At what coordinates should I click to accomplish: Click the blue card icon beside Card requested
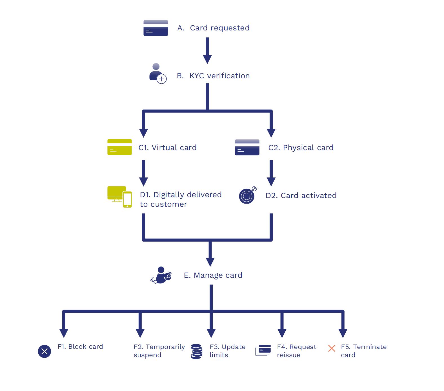(x=156, y=28)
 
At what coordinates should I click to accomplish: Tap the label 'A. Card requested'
(x=213, y=28)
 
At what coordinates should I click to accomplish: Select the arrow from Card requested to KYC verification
(x=207, y=51)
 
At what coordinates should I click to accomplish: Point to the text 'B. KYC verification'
(x=213, y=76)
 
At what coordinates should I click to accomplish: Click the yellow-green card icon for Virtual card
(x=119, y=147)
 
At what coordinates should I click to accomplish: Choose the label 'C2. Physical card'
(x=301, y=148)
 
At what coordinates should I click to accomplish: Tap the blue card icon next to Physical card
(x=247, y=147)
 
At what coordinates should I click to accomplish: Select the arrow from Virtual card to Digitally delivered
(x=144, y=173)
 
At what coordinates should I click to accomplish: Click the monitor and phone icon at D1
(x=119, y=197)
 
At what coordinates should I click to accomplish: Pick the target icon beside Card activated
(x=247, y=195)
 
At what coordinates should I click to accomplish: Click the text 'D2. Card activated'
(x=301, y=195)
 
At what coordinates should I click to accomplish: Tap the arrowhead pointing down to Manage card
(x=210, y=262)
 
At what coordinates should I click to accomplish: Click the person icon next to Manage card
(x=161, y=275)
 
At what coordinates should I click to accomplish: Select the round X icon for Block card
(x=45, y=351)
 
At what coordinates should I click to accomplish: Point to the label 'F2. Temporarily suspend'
(x=159, y=351)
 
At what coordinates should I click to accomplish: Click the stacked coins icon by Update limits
(x=197, y=351)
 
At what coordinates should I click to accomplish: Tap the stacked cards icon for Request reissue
(x=263, y=350)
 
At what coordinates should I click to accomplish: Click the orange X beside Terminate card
(x=332, y=348)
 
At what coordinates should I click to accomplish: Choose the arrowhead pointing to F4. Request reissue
(x=282, y=333)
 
